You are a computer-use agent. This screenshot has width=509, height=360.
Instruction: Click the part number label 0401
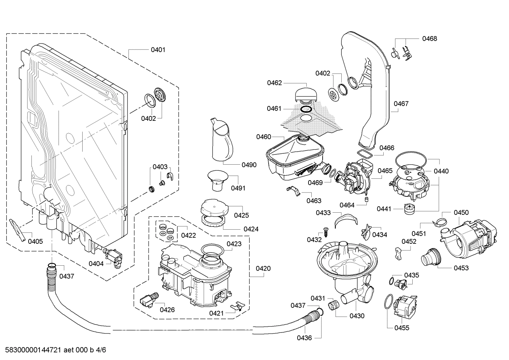(x=158, y=50)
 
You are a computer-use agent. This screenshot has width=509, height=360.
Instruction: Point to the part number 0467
(x=401, y=104)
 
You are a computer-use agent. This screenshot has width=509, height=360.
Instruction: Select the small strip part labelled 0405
(x=18, y=229)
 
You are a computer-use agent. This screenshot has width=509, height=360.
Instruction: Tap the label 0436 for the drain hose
(x=304, y=338)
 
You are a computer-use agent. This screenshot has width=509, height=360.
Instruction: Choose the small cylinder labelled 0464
(x=366, y=200)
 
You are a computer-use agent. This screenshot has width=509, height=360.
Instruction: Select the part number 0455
(x=402, y=328)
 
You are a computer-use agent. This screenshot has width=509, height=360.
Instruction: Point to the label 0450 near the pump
(x=461, y=212)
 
